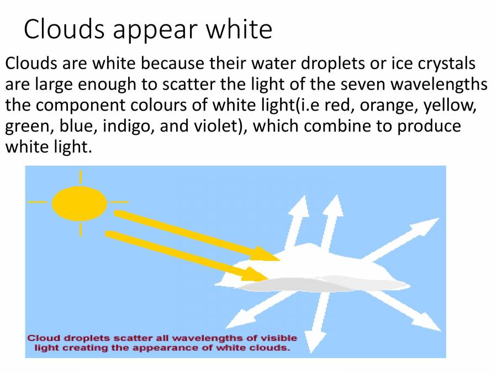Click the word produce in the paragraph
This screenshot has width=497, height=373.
coord(425,126)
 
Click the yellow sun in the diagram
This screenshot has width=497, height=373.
coord(80,203)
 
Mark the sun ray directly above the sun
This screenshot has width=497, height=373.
coord(81,177)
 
